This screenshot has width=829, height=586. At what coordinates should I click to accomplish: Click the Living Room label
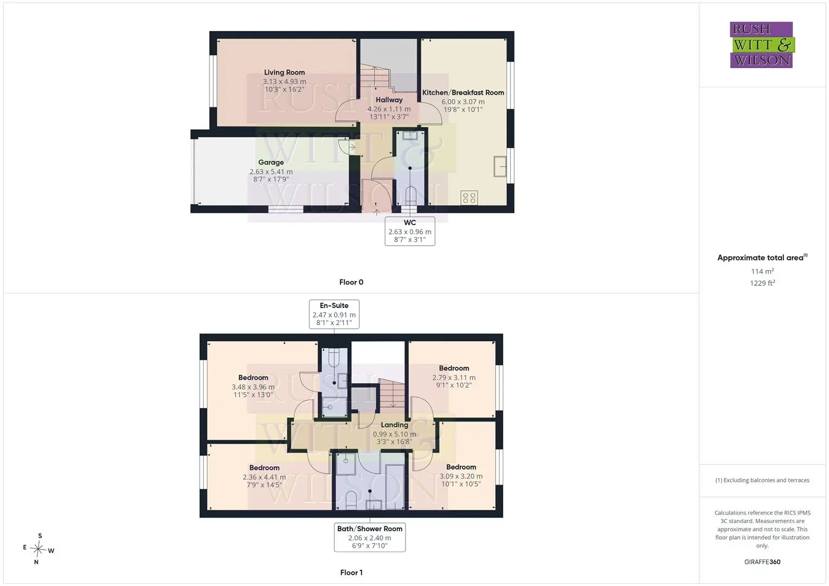tap(284, 73)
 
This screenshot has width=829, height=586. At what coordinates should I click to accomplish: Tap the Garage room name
tap(271, 162)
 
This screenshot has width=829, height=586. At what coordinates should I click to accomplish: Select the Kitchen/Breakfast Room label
tap(463, 92)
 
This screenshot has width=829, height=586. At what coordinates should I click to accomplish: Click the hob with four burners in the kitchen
tap(469, 198)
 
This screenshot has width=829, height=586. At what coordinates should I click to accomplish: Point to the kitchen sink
tap(499, 167)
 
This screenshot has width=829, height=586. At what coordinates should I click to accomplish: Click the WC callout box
tap(410, 231)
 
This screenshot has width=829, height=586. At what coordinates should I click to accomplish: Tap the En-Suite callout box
tap(334, 314)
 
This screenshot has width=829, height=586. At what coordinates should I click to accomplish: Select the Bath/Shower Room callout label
tap(370, 537)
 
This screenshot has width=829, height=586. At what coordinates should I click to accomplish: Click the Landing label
tap(395, 425)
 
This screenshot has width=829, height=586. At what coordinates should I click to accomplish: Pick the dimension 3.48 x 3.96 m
tap(253, 387)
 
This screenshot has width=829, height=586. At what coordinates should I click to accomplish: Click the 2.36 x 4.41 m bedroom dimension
tap(264, 477)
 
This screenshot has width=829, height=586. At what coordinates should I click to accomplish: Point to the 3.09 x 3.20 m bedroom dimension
tap(461, 476)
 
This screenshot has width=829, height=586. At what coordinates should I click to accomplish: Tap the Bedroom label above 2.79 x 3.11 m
tap(454, 368)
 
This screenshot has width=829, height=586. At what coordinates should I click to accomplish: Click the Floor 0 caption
tap(351, 282)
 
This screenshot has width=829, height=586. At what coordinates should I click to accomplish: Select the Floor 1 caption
tap(351, 572)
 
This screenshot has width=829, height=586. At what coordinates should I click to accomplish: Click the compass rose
tap(38, 549)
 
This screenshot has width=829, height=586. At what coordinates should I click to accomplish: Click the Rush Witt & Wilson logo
tap(762, 44)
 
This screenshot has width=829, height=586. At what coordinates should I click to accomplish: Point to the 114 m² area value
tap(762, 271)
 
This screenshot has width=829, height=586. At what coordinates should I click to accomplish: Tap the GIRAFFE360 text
tap(762, 562)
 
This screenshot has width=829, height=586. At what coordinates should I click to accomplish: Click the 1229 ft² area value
tap(762, 283)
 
